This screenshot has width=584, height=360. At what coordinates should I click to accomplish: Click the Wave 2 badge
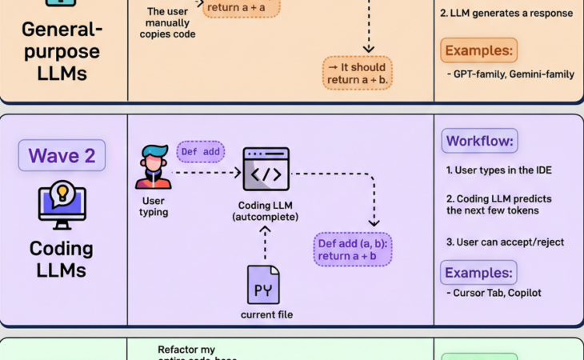pyautogui.click(x=62, y=155)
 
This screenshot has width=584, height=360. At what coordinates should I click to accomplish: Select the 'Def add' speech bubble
pyautogui.click(x=200, y=152)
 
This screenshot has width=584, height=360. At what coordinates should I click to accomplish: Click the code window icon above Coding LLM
pyautogui.click(x=266, y=169)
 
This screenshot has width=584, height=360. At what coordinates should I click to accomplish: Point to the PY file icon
pyautogui.click(x=263, y=285)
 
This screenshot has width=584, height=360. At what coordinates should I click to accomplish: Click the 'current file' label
pyautogui.click(x=266, y=314)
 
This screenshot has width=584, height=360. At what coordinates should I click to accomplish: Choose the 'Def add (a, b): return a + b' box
pyautogui.click(x=352, y=249)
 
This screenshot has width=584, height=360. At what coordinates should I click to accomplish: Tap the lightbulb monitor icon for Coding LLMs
pyautogui.click(x=62, y=205)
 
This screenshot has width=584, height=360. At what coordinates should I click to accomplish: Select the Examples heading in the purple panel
pyautogui.click(x=479, y=272)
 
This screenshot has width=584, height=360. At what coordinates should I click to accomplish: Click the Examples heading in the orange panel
pyautogui.click(x=478, y=50)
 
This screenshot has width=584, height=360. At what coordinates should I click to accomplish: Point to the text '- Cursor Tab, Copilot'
pyautogui.click(x=494, y=293)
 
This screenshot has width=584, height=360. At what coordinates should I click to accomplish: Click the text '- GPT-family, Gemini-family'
pyautogui.click(x=510, y=74)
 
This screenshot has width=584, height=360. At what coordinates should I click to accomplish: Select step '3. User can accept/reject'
pyautogui.click(x=505, y=242)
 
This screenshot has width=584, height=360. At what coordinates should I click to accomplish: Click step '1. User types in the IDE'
pyautogui.click(x=498, y=170)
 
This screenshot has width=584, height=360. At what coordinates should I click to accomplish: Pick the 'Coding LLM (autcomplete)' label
pyautogui.click(x=266, y=211)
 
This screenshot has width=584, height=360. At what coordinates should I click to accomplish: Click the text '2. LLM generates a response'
pyautogui.click(x=506, y=14)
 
